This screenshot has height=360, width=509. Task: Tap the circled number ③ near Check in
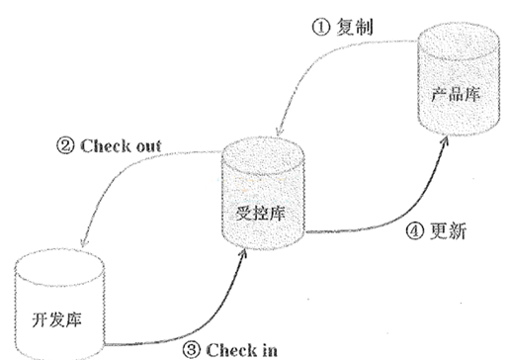191,348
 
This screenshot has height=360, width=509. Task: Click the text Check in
237,348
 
